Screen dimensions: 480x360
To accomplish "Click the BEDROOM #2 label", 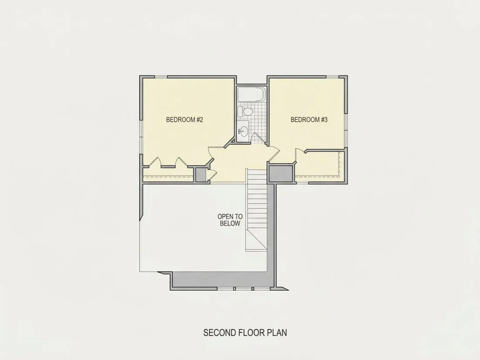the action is pyautogui.click(x=185, y=120).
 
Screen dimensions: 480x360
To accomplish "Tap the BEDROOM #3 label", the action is pyautogui.click(x=309, y=120).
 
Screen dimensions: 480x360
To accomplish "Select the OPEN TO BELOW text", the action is pyautogui.click(x=230, y=220).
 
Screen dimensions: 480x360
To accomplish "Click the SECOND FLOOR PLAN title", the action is pyautogui.click(x=245, y=333).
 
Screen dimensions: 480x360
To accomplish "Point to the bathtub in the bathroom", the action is pyautogui.click(x=251, y=94).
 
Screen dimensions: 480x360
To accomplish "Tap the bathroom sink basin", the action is pyautogui.click(x=243, y=131).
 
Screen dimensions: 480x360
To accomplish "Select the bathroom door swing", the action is pyautogui.click(x=258, y=137).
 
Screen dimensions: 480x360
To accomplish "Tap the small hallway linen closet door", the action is pyautogui.click(x=213, y=175).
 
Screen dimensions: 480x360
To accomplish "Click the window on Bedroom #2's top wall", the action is pyautogui.click(x=161, y=76).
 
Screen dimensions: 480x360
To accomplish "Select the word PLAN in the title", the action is pyautogui.click(x=277, y=333).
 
